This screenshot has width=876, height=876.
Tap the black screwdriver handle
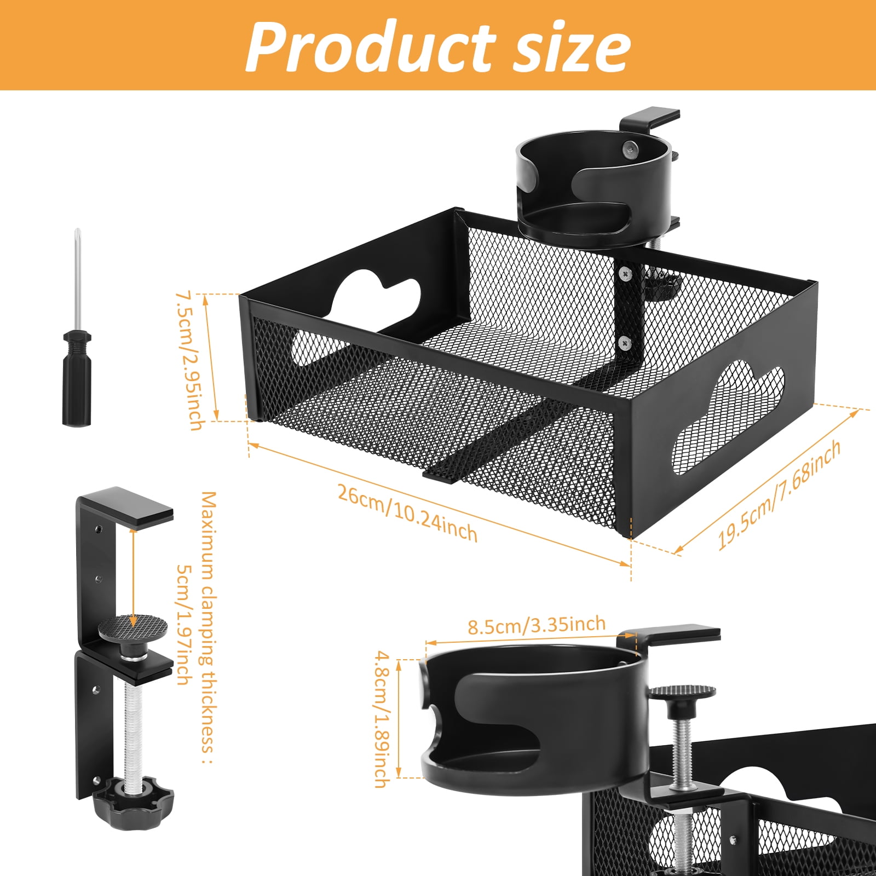click(76, 378)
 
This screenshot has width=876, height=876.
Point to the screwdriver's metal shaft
click(78, 279)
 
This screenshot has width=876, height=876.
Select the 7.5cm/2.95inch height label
click(188, 361)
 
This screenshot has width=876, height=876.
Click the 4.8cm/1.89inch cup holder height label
click(381, 719)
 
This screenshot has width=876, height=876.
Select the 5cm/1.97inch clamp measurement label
click(184, 624)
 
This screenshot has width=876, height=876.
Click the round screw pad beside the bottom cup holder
click(682, 692)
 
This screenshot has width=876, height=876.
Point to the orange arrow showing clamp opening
click(134, 578)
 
